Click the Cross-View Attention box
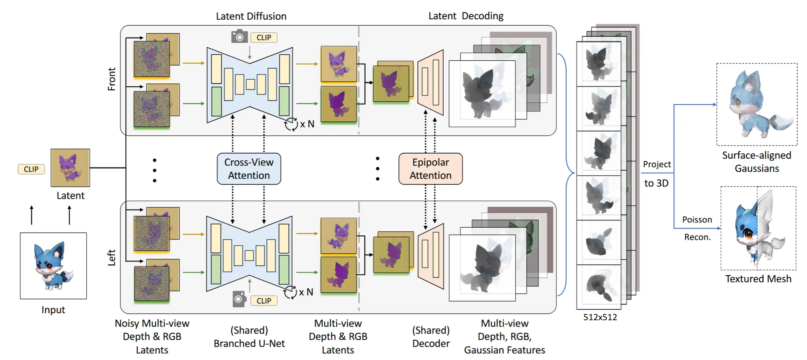coord(249,169)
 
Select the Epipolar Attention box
coord(430,169)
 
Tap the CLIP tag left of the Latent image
coord(31,169)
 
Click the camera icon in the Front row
coord(239,36)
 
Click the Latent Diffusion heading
coord(251,16)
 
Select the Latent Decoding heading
coord(466,16)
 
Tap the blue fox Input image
coord(53,266)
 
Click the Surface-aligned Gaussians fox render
coord(757,104)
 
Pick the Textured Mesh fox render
coord(758,228)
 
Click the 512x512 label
coord(600,317)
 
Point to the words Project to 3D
coord(656,173)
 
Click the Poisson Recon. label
coord(697,228)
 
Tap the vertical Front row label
coord(112,79)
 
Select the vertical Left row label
coord(112,258)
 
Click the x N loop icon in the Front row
coord(291,124)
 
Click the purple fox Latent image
coord(70,168)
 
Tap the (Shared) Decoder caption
coord(431,337)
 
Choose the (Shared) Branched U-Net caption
coord(249,337)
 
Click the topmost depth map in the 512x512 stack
coord(599,64)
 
